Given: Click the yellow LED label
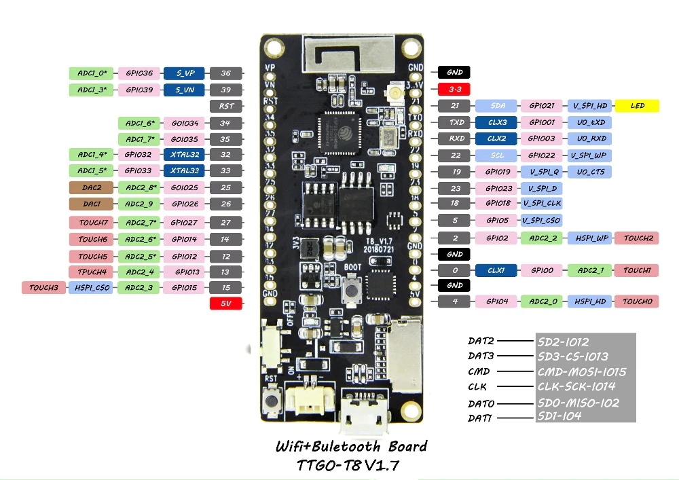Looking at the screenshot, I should (638, 106).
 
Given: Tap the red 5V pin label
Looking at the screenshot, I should (226, 304).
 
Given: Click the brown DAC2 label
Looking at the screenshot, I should (92, 187).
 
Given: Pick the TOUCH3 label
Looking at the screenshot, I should (43, 288).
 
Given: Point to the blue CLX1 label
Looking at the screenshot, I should (496, 270).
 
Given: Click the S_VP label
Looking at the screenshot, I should (185, 73).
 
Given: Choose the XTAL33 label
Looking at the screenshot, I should (185, 171).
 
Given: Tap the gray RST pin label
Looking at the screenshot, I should (226, 106).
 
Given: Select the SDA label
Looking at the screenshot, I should (496, 106).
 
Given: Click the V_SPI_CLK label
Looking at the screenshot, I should (541, 203).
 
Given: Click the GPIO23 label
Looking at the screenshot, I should (496, 188).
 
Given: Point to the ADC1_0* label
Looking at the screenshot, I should (92, 73).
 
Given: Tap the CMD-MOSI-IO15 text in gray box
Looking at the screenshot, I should (581, 371).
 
